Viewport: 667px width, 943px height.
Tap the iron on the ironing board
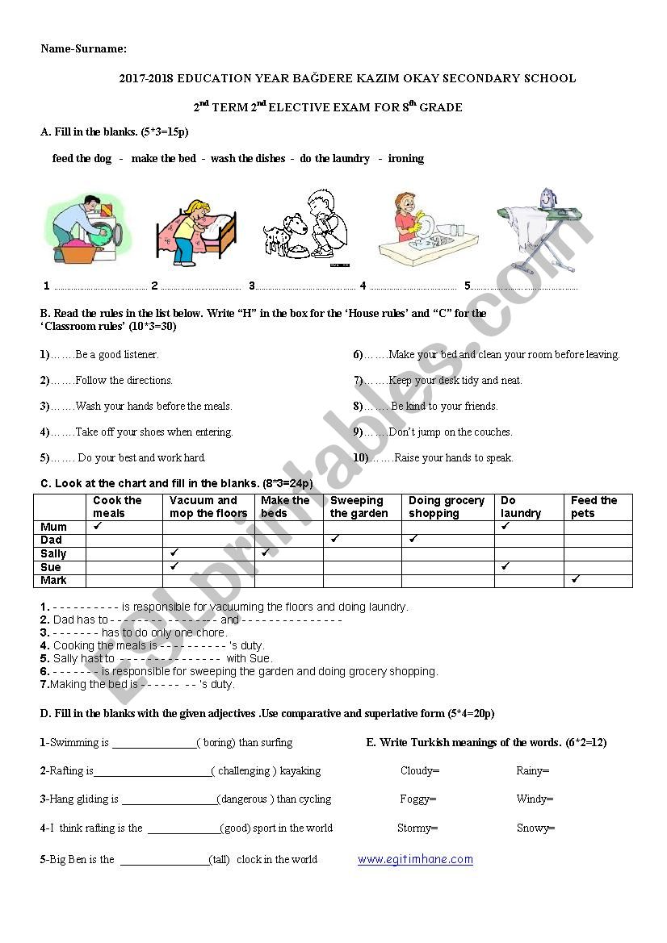548,198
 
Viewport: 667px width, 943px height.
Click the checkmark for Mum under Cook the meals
98,526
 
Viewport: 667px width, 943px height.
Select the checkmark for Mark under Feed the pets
576,579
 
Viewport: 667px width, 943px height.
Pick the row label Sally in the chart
53,553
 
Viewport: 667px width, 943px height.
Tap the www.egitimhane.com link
415,859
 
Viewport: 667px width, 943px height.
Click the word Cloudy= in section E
420,770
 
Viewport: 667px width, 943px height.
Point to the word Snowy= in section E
536,828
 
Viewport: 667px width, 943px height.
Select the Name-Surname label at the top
84,48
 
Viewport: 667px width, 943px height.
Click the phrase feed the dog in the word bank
82,158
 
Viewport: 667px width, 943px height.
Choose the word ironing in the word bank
405,158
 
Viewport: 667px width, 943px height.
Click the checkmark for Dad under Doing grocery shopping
413,539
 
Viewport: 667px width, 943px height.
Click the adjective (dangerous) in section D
244,799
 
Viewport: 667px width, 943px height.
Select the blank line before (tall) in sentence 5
164,861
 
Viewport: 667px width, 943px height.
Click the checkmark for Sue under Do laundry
505,566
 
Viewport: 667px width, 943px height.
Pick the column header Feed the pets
594,507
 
